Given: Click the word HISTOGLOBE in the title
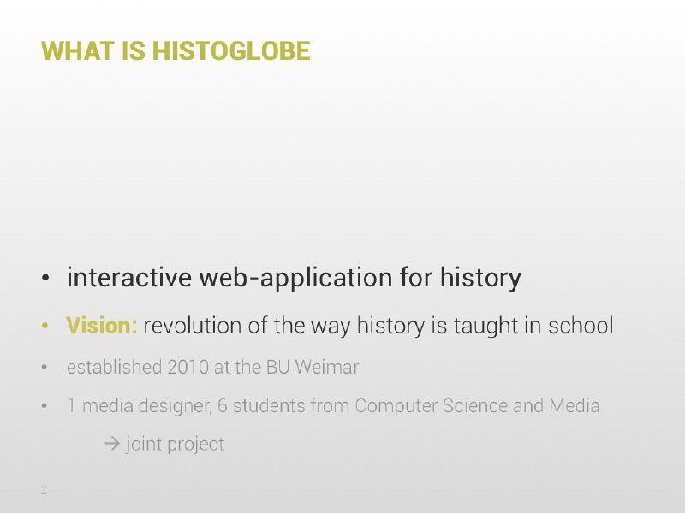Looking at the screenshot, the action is (231, 50).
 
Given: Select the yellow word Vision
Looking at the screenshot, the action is (102, 326).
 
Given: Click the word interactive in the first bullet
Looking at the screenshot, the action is (129, 277).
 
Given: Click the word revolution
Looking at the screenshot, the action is (192, 326).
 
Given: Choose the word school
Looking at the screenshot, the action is (581, 326).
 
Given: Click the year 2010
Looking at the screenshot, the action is (188, 368).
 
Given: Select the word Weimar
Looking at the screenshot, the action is (327, 368).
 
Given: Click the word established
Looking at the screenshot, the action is (115, 368).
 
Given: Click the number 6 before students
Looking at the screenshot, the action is (223, 406).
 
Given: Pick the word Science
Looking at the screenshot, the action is (475, 406).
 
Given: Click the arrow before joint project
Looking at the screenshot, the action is (112, 444).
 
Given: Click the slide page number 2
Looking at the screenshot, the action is (44, 490).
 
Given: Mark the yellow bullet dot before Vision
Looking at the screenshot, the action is (45, 326).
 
